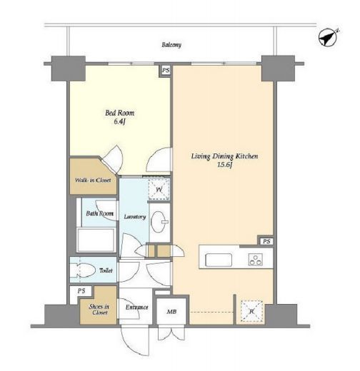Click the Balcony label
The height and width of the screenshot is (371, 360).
[171, 45]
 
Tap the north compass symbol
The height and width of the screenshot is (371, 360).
[328, 38]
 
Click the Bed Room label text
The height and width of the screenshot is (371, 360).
[120, 113]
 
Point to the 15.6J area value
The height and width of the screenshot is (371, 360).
[224, 165]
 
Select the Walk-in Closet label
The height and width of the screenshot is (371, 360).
[93, 180]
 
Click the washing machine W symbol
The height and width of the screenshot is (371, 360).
[159, 189]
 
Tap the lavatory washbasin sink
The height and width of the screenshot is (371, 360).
[159, 222]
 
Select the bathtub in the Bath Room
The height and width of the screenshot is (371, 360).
[96, 240]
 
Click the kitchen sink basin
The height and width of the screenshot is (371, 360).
[219, 260]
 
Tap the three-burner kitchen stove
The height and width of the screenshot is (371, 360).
[256, 260]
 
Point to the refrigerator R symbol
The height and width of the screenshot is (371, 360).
[251, 311]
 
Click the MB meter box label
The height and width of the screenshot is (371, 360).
[171, 311]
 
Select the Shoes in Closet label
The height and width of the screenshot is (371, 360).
[99, 310]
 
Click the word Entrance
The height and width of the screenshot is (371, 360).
[136, 308]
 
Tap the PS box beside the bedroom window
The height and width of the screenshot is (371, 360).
[166, 71]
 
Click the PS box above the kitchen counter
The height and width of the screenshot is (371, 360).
[266, 241]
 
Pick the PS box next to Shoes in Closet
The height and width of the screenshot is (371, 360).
[81, 291]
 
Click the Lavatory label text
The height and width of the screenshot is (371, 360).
[135, 217]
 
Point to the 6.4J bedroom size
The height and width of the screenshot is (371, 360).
[119, 122]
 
